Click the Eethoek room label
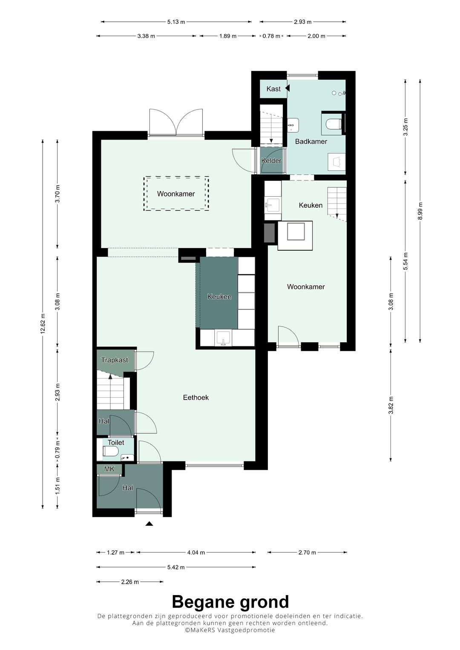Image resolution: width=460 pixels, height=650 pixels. coord(196,397)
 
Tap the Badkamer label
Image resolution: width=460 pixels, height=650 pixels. coord(311,141)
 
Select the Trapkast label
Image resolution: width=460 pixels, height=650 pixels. coord(115,360)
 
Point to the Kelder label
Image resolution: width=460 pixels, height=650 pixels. coord(271,160)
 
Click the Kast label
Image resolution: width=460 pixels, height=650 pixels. coord(273,89)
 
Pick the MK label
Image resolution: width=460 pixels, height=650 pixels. coord(109,469)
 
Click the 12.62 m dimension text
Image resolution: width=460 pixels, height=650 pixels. coord(43,324)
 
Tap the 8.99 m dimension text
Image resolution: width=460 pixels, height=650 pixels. coord(420,211)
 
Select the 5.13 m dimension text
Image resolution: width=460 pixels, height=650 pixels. coord(176,22)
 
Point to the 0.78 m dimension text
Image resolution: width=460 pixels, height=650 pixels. coord(272,36)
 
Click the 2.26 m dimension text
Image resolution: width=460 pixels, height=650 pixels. coord(130,582)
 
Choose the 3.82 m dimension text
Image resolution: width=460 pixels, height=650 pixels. coord(391,405)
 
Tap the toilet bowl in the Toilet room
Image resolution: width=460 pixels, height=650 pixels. coord(111,451)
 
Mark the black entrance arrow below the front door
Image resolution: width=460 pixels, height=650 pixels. coord(149,524)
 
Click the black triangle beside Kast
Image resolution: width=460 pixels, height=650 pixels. coord(287,88)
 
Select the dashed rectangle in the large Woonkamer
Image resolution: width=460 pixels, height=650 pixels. coord(176,193)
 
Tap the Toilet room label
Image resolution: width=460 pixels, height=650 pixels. coord(115,443)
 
